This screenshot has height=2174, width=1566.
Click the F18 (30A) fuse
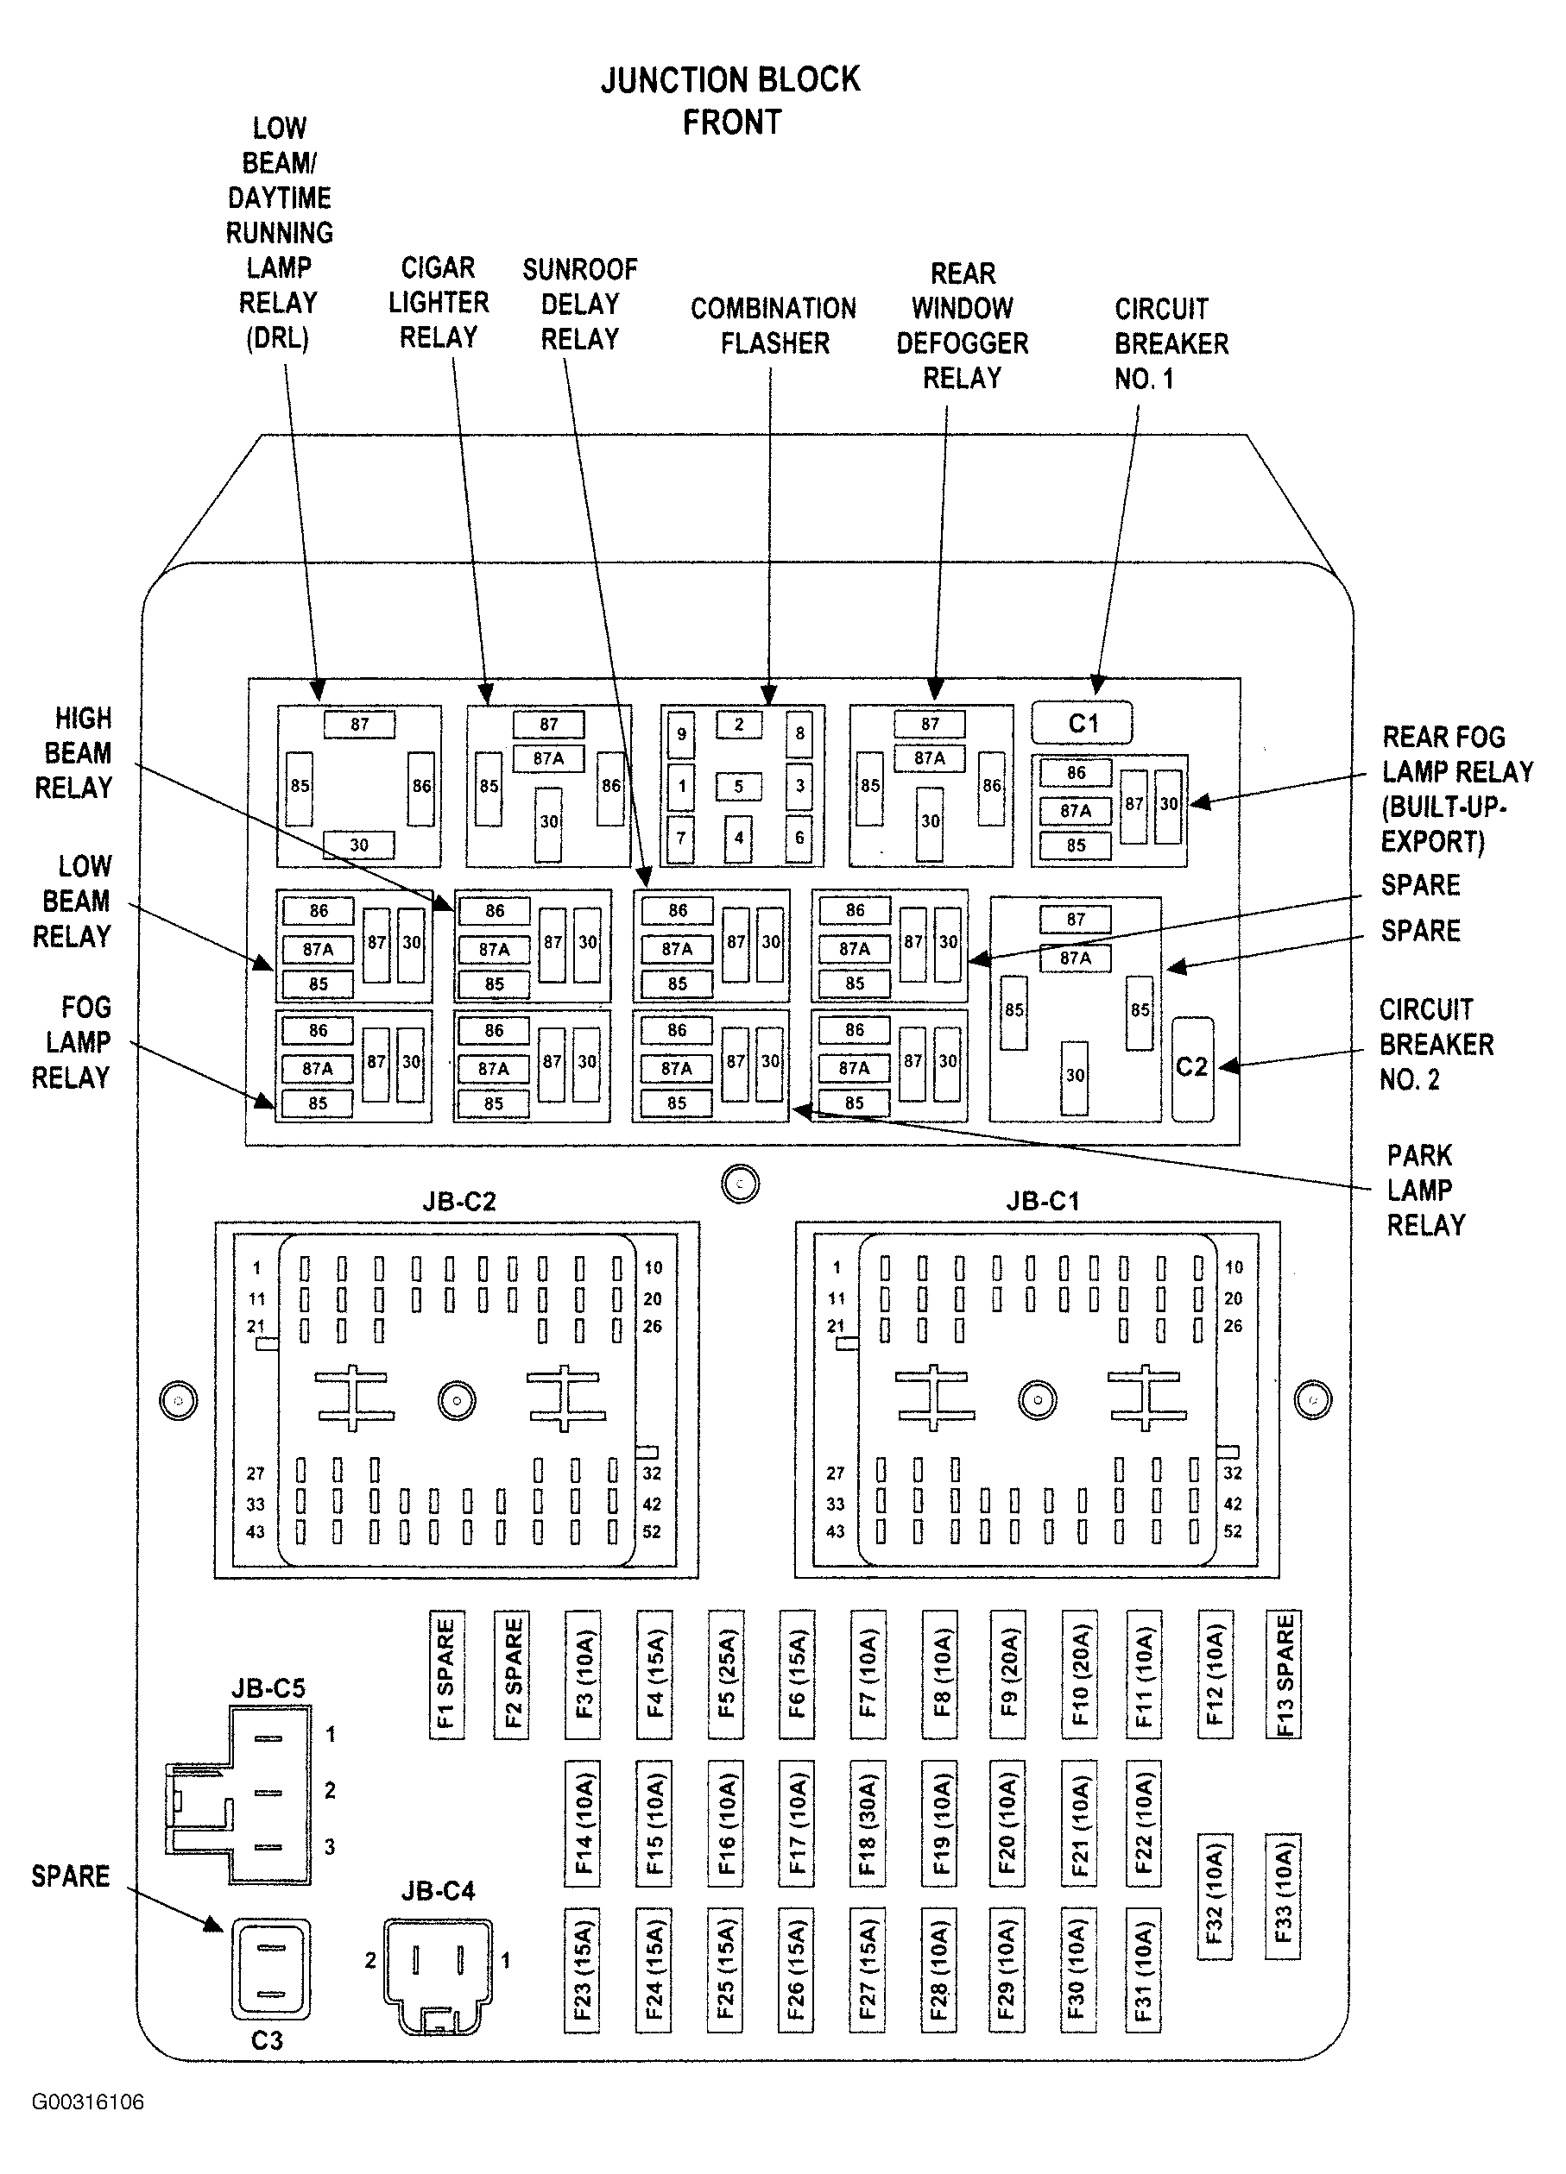point(867,1822)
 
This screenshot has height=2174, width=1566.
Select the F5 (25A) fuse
point(726,1674)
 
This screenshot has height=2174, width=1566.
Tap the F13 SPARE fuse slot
point(1284,1674)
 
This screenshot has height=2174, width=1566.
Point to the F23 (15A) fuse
point(582,1970)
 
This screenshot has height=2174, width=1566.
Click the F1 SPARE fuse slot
point(447,1674)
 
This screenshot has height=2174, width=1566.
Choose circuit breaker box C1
point(1082,724)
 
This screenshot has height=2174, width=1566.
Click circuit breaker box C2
point(1192,1068)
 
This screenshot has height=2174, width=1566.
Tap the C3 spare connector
point(270,1969)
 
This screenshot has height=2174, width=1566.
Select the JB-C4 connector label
point(438,1891)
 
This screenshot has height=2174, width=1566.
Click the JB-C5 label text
point(268,1688)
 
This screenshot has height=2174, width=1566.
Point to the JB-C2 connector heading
point(459,1202)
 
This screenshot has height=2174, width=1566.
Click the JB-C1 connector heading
point(1042,1202)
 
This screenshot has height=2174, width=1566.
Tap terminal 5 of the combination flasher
point(738,787)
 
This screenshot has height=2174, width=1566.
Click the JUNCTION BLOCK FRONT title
point(730,101)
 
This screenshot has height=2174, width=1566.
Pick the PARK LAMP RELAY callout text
point(1426,1190)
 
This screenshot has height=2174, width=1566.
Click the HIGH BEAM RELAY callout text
point(75,753)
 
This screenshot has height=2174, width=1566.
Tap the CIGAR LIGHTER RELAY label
point(439,302)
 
